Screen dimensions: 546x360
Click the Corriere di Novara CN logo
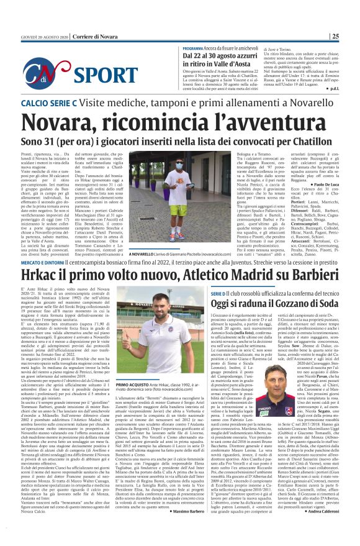click(x=32, y=73)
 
